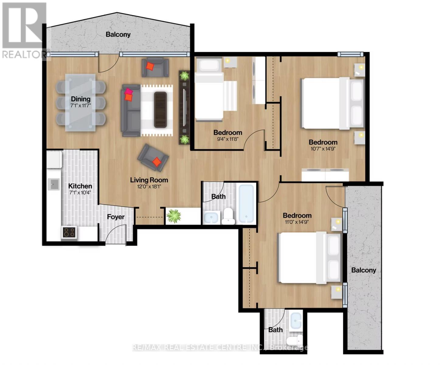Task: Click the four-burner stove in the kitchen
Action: tap(69, 232)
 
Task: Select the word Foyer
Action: tap(115, 217)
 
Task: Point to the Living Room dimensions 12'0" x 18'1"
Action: tap(149, 187)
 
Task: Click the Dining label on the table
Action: tap(81, 99)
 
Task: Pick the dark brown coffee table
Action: tap(160, 109)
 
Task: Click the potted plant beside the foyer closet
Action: tap(174, 216)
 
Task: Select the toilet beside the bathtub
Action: tap(228, 216)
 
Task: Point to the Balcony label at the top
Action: tap(118, 34)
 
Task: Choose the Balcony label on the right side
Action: tap(363, 270)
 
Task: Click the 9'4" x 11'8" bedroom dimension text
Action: tap(228, 139)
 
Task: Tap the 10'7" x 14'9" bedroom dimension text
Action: tap(323, 149)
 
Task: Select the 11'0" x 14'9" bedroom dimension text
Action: tap(297, 222)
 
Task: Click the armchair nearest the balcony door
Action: tap(155, 67)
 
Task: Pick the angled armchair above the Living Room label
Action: tap(153, 157)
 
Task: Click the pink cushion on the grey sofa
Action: tap(128, 91)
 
